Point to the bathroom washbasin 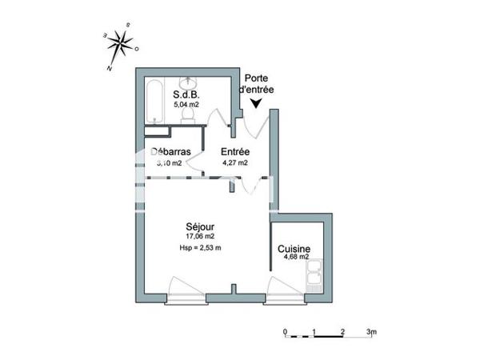coord(190,84)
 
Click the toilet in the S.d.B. coord(189,115)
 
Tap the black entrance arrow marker coord(257,102)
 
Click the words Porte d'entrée coord(257,84)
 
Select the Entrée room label coord(235,152)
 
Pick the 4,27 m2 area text coord(235,162)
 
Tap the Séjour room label coord(200,226)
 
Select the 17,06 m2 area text coord(200,237)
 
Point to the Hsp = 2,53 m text coord(200,249)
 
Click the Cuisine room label coord(294,248)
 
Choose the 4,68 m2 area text coord(294,257)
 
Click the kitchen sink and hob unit coord(314,275)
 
